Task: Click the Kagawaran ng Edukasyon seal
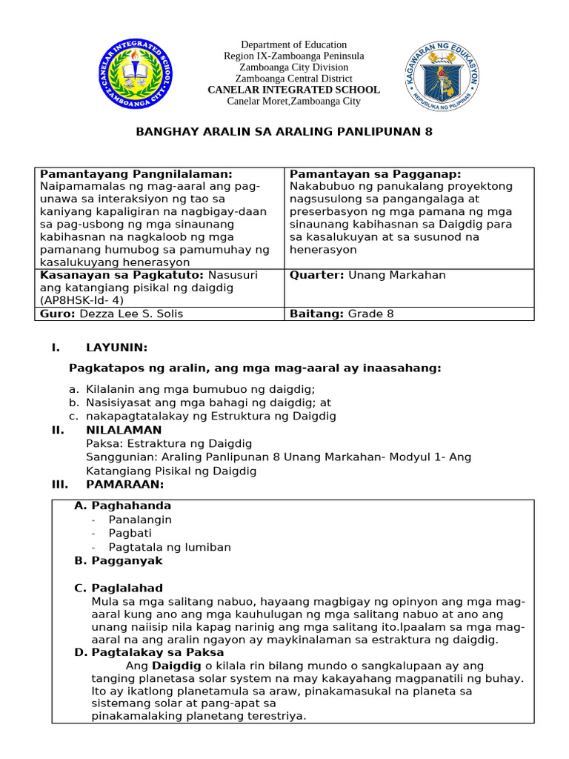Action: coord(443,77)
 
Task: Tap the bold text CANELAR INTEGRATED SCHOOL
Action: coord(293,90)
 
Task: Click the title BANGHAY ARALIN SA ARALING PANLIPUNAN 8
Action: coord(284,132)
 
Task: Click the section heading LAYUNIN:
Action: coord(117,348)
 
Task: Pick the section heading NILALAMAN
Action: coord(124,430)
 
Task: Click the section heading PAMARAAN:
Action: coord(124,485)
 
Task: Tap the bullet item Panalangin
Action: coord(140,520)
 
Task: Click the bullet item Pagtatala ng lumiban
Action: coord(170,547)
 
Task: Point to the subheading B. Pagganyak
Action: coord(119,561)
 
